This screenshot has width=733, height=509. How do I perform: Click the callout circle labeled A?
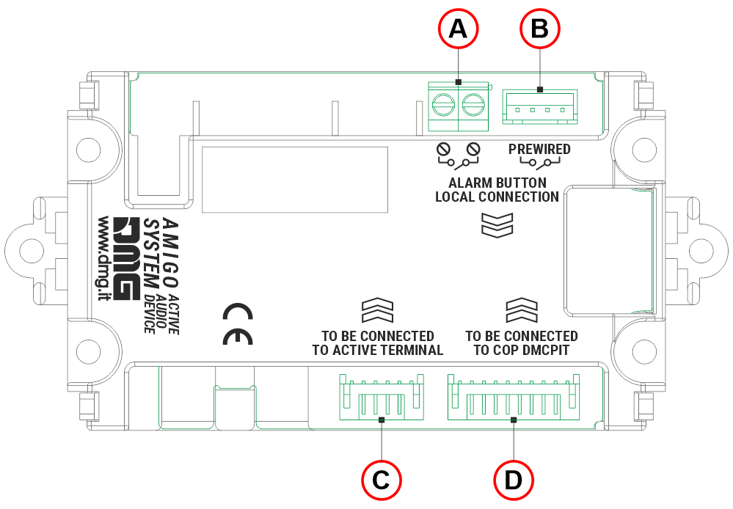point(458,29)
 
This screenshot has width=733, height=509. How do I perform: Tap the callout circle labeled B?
point(540,29)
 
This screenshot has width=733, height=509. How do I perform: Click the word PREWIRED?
point(539,150)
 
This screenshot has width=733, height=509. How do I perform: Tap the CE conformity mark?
point(238,325)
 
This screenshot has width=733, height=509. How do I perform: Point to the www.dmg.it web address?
point(103,257)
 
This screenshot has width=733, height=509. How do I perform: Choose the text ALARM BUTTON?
point(497,183)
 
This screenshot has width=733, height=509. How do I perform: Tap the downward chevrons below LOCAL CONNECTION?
point(497,224)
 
